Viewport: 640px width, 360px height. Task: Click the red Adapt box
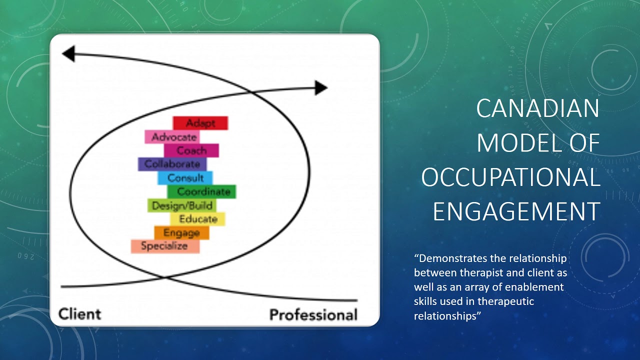tap(200, 123)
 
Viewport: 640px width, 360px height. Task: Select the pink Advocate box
tap(172, 136)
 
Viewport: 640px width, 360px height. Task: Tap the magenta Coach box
tap(191, 150)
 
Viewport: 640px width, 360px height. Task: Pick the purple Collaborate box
tap(172, 164)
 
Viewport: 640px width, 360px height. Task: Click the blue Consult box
tap(185, 177)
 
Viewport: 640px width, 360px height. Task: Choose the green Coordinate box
tap(201, 191)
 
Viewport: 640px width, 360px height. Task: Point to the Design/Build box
tap(182, 205)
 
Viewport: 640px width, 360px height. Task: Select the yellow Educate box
tap(197, 219)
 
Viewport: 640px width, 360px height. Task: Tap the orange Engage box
tap(181, 232)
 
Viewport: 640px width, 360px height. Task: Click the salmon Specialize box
tap(165, 246)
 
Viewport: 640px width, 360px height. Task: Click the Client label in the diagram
tap(79, 314)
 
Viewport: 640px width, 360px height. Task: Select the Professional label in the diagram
tap(313, 314)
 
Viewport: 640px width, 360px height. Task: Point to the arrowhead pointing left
tap(68, 53)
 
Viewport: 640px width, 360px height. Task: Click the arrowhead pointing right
tap(320, 88)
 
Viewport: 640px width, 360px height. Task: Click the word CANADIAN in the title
tap(537, 108)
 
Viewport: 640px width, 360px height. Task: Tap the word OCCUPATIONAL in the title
tap(510, 177)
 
